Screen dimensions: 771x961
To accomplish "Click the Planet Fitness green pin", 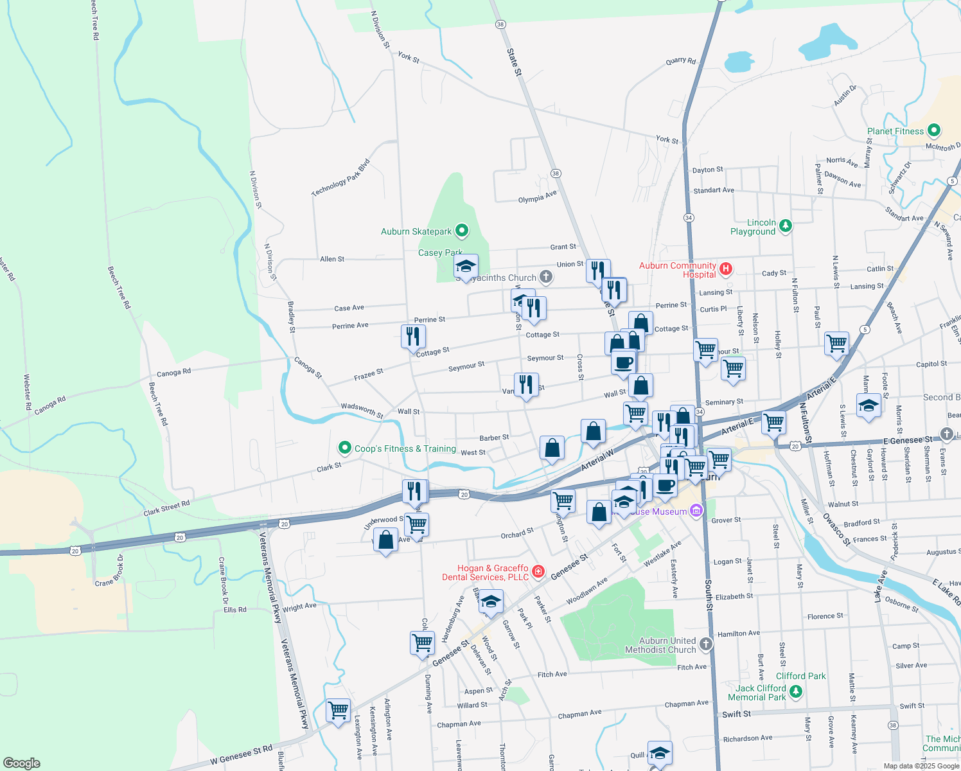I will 934,130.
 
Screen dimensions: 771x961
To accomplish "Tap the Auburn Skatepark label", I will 416,231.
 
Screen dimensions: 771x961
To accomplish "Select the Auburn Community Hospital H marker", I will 726,269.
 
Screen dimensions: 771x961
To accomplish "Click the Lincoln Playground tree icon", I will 785,226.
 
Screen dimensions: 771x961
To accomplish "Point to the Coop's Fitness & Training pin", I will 345,447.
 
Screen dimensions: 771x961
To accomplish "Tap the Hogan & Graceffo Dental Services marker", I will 538,571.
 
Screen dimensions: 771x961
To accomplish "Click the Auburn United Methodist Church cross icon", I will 705,644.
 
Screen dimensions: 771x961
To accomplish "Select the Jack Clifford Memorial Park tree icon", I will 796,691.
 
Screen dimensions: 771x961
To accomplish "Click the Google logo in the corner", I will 22,763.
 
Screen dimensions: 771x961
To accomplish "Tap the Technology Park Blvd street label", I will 340,178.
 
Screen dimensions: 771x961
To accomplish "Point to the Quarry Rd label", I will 681,61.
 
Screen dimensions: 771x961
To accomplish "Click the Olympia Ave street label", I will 537,197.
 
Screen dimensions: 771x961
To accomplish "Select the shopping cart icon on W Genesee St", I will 338,711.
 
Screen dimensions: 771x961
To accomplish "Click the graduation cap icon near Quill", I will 660,752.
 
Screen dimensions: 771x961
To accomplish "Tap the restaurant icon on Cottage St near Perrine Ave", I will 413,336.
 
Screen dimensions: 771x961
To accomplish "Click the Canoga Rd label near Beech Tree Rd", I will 173,372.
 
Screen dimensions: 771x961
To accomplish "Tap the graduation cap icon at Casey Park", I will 466,266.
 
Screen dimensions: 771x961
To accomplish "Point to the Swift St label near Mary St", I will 736,714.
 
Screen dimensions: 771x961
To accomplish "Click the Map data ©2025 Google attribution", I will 921,765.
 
